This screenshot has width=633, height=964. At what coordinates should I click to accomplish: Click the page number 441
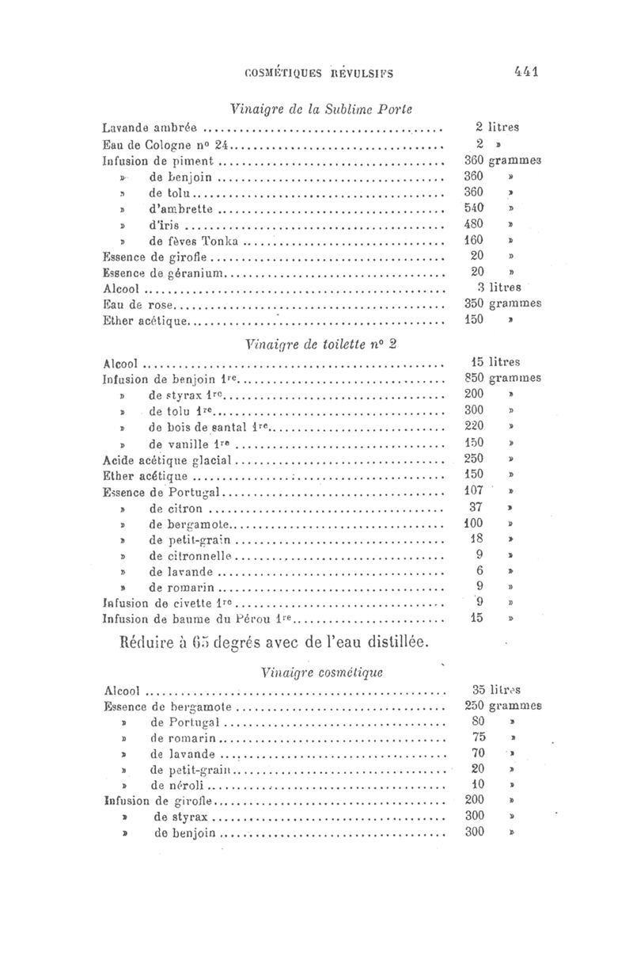(525, 71)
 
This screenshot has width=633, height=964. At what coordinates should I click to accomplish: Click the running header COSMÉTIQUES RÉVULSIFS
(320, 73)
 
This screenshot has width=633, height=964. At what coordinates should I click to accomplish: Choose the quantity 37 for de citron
(476, 508)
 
